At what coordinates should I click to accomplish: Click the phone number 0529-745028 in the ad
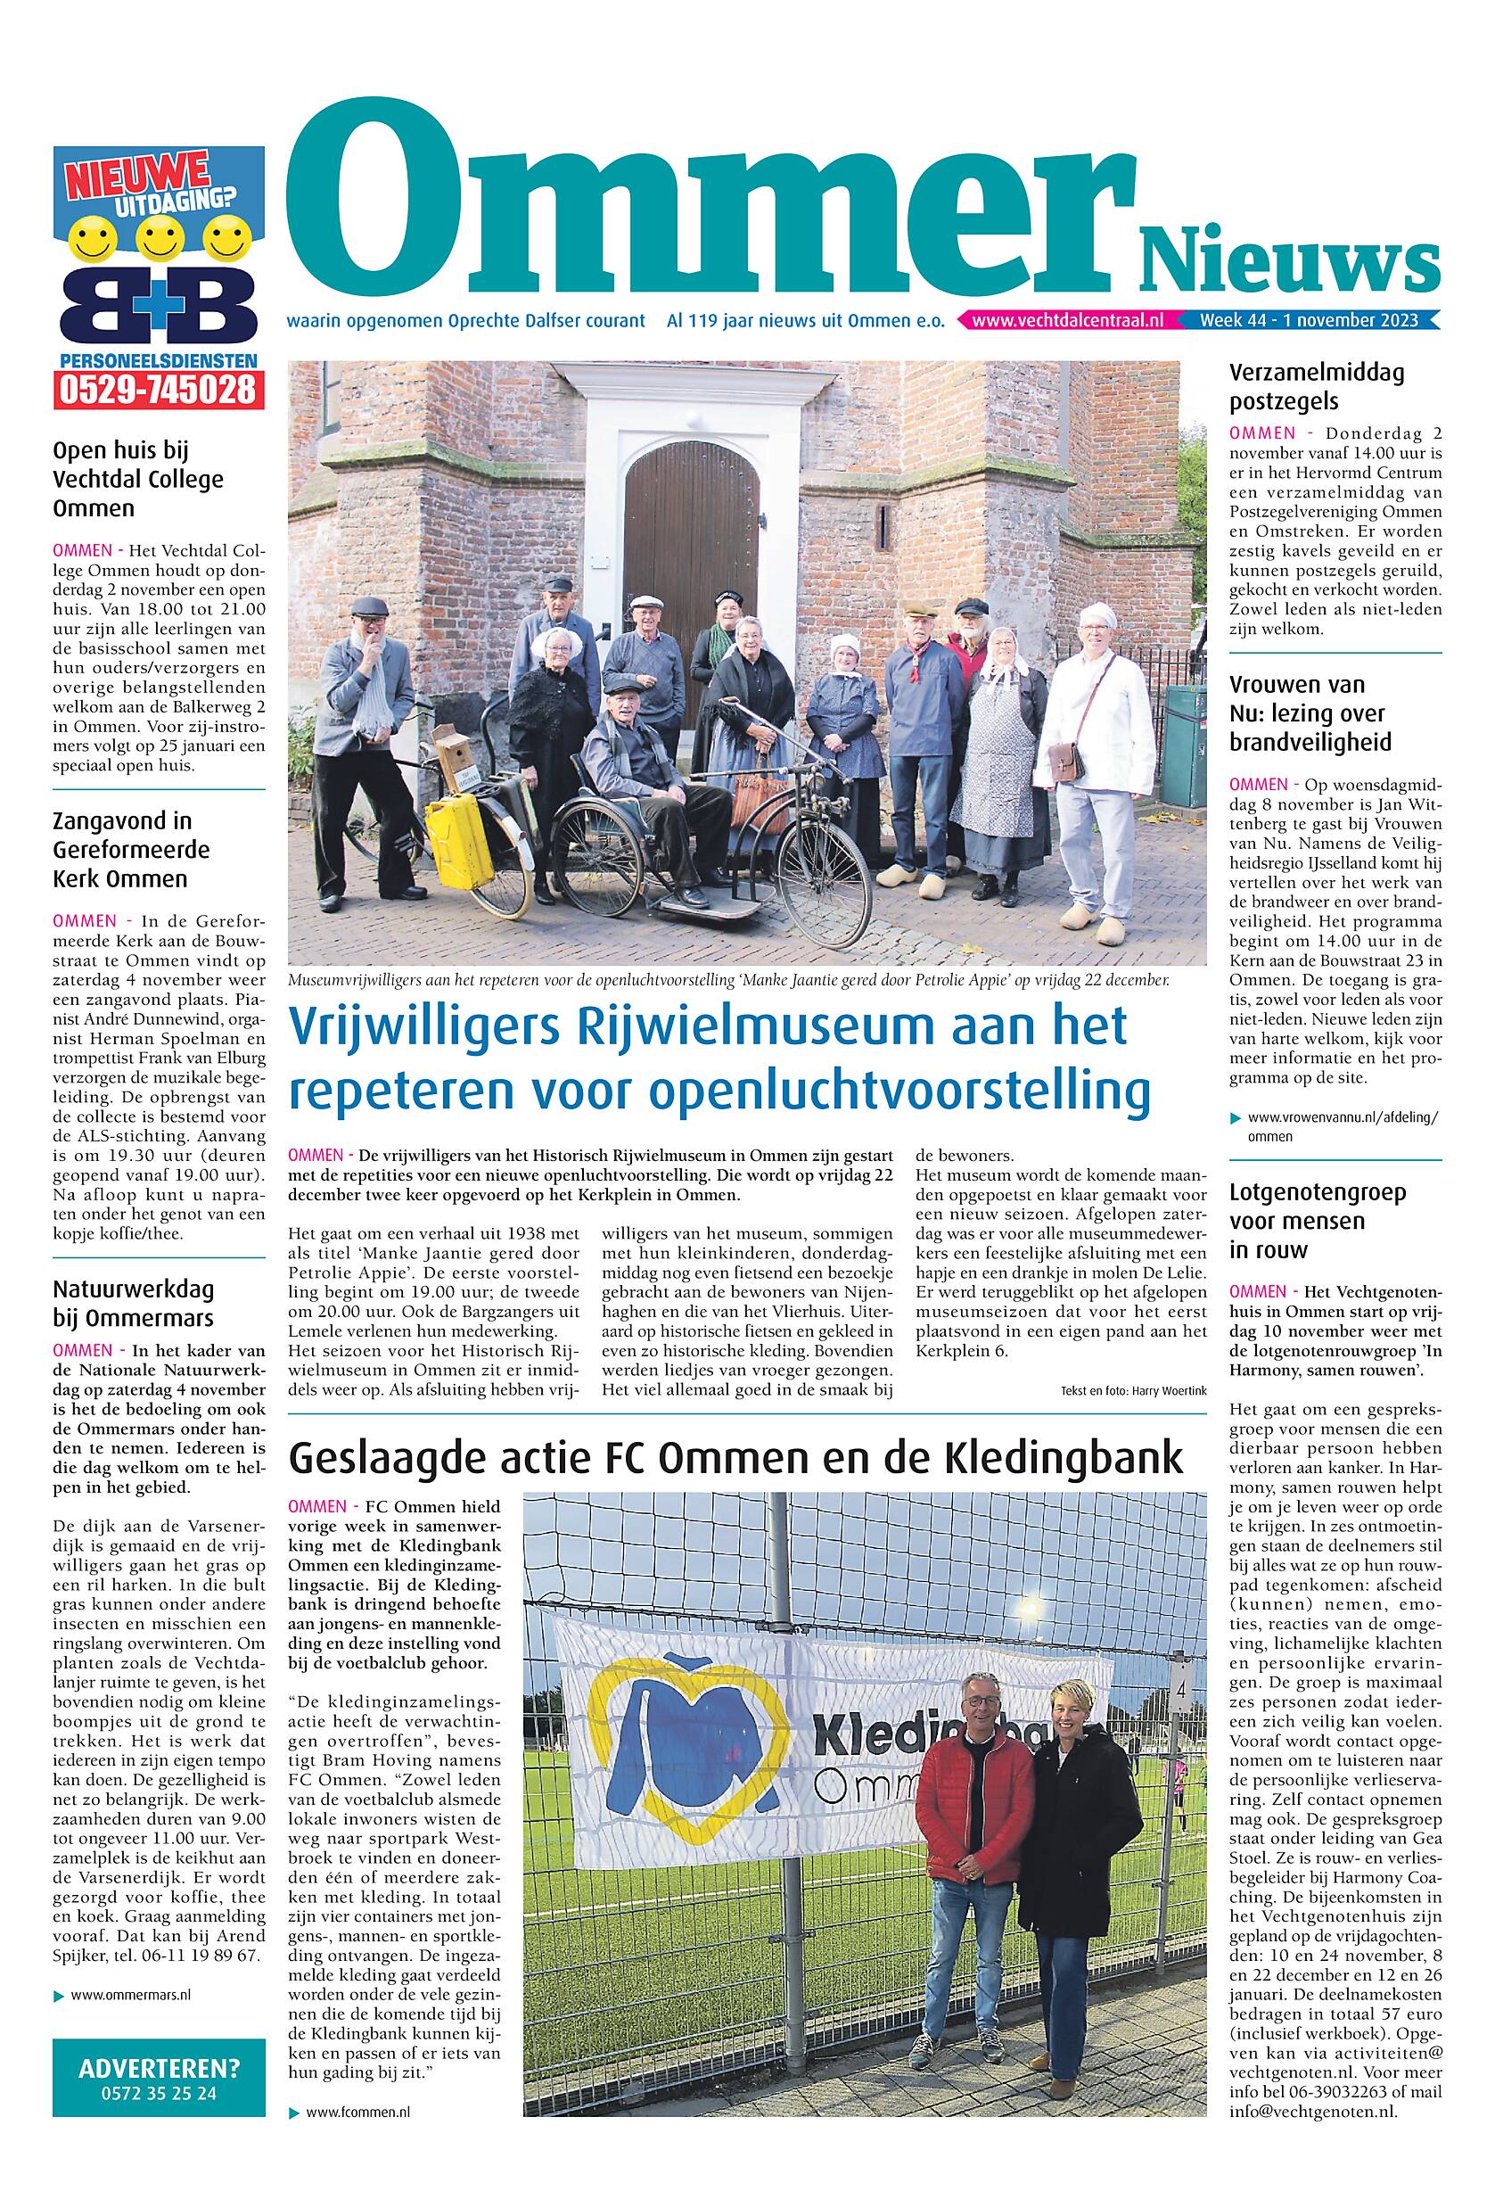tap(158, 389)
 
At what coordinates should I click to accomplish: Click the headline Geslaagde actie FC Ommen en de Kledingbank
tap(735, 1456)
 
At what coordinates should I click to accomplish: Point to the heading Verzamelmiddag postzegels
tap(1316, 386)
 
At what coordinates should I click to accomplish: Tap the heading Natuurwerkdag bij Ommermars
tap(133, 1303)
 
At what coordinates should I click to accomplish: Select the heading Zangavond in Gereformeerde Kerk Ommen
tap(132, 850)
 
